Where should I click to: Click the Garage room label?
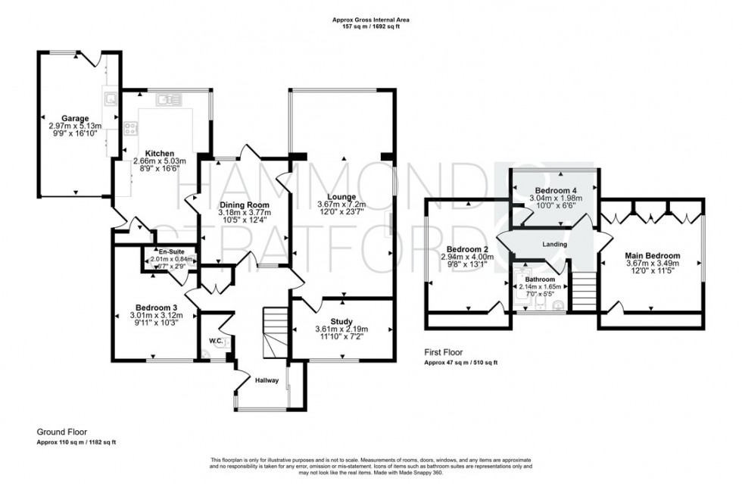coord(76,118)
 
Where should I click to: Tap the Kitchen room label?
coord(160,152)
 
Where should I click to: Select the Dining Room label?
coord(244,205)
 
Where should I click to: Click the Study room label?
coord(341,321)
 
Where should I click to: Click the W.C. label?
coord(214,342)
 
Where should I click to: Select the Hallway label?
coord(267,380)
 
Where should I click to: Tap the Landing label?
coord(556,244)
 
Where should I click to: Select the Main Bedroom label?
coord(652,255)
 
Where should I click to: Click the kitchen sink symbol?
coord(167,98)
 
